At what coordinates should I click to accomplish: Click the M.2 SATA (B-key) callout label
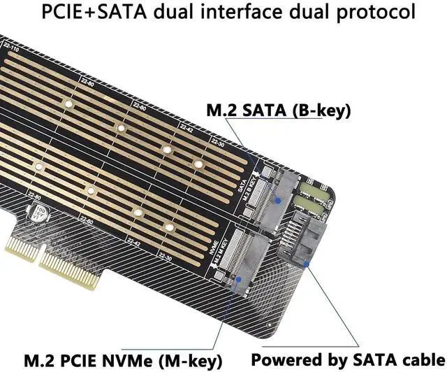click(x=277, y=110)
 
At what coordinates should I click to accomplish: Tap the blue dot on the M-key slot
click(x=240, y=278)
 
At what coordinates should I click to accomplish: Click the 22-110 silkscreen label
click(x=10, y=50)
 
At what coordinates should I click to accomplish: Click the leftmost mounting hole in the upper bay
click(x=69, y=105)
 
